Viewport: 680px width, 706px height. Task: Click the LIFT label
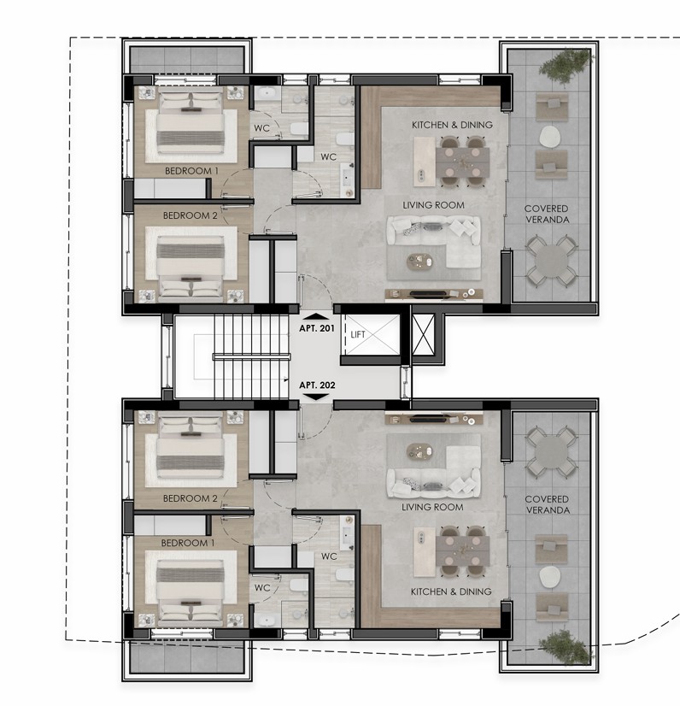[x=358, y=334]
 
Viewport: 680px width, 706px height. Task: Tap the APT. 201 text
[x=316, y=328]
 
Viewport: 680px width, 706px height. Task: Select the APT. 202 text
[x=316, y=385]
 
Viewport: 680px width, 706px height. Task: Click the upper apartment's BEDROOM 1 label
[x=191, y=171]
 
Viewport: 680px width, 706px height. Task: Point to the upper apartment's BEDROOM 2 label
[x=191, y=215]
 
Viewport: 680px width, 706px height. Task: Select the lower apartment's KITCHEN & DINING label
[x=452, y=591]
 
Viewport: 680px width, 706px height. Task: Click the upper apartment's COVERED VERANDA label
[x=547, y=214]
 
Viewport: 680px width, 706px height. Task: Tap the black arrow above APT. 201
[x=316, y=316]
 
